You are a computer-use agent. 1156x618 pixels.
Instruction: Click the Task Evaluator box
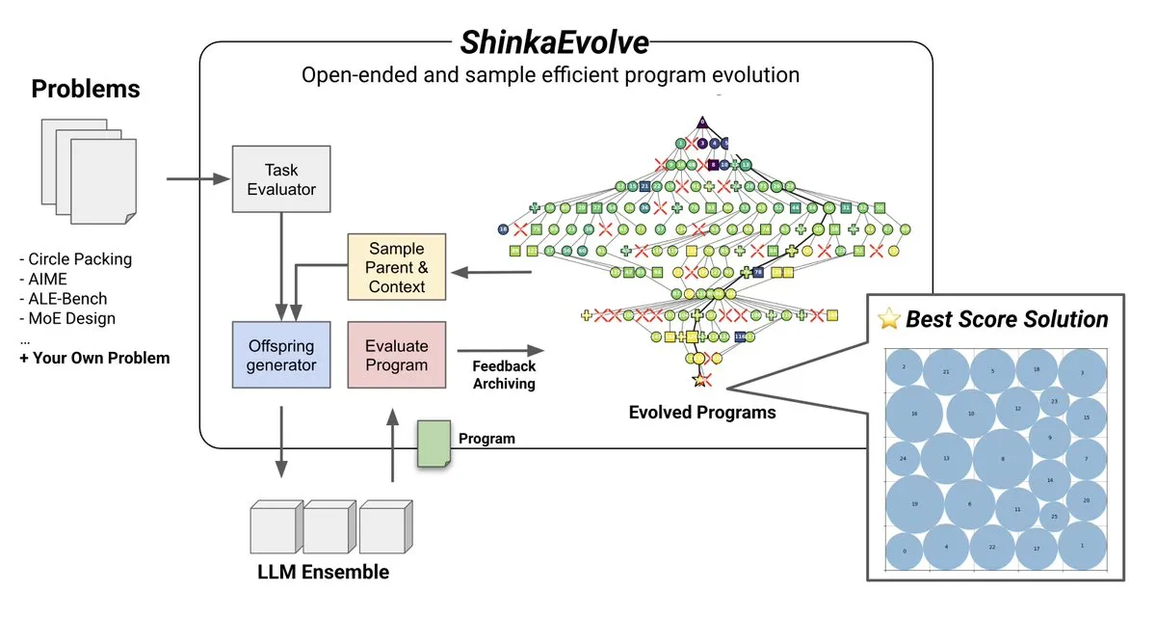(281, 179)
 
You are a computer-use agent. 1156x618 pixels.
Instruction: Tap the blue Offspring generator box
(281, 356)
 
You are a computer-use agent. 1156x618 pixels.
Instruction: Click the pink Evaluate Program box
(396, 356)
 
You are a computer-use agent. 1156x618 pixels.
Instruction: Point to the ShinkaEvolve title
(555, 43)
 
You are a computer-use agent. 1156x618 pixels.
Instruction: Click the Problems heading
(86, 90)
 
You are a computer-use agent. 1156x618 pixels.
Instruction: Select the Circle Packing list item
(78, 258)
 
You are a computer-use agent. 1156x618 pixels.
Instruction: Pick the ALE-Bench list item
(66, 298)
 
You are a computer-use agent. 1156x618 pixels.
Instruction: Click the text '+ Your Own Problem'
(94, 358)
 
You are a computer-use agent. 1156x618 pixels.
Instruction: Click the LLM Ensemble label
(324, 572)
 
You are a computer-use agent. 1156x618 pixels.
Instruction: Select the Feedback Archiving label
(504, 375)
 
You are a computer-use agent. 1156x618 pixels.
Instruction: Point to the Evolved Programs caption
(701, 413)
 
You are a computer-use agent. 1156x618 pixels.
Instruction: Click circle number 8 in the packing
(1002, 460)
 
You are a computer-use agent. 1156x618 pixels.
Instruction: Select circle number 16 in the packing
(914, 414)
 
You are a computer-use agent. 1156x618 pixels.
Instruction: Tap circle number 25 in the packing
(1054, 517)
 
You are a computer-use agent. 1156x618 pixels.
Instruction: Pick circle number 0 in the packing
(904, 551)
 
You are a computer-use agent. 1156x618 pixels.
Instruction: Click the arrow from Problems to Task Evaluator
(197, 179)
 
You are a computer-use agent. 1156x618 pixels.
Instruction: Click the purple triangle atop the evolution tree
(702, 122)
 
